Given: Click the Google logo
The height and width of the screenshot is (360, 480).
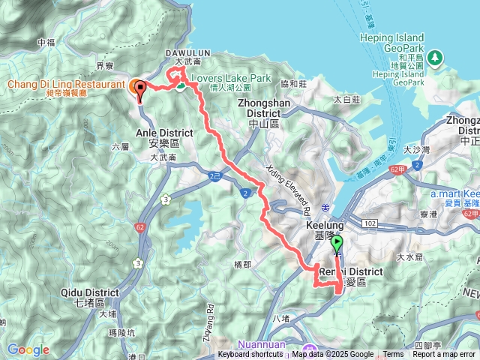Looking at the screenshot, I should click(x=28, y=349).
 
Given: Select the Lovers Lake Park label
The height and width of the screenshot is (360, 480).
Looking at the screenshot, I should click(x=230, y=77).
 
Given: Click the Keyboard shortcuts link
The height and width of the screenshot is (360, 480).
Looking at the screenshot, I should click(x=250, y=355).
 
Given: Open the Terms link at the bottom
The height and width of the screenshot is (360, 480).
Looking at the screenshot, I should click(x=393, y=355).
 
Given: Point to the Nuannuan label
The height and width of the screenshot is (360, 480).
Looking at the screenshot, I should click(x=263, y=346).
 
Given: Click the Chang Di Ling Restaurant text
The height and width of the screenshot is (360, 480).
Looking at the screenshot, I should click(x=66, y=85).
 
